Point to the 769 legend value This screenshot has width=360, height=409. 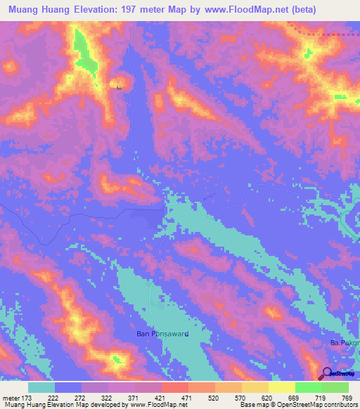coord(346,397)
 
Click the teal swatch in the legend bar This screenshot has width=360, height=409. coord(41,387)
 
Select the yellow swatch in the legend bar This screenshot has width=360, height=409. coord(281,387)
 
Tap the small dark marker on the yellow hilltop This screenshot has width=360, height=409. coord(118,88)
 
